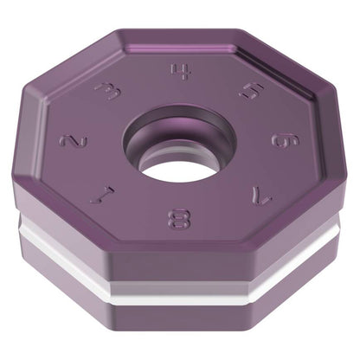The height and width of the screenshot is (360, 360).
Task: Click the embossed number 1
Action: point(101,195)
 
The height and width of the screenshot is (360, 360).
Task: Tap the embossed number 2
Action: point(74,141)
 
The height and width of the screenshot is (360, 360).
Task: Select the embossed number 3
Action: point(108,92)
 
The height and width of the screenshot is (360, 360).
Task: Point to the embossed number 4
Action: point(181,71)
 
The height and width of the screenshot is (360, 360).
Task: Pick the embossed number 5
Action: point(251,91)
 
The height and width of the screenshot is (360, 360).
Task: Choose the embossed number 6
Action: point(286,141)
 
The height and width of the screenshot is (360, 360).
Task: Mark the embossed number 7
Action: point(261,194)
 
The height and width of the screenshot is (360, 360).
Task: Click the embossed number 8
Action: point(179,219)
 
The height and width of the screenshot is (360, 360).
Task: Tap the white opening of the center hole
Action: point(178,171)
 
